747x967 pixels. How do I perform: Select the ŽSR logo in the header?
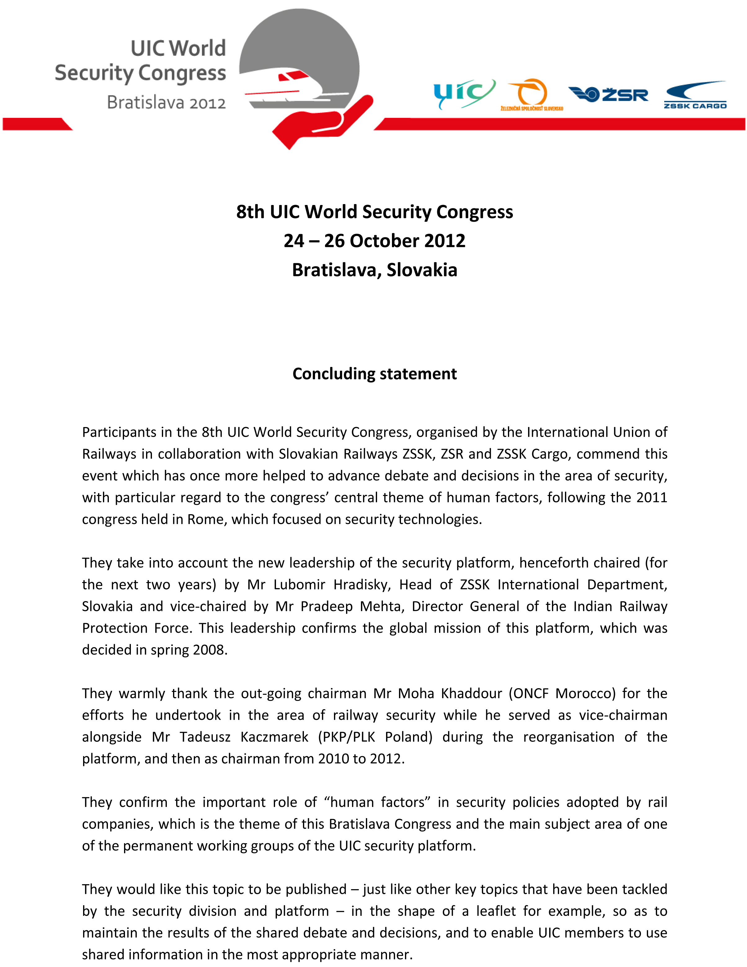(608, 94)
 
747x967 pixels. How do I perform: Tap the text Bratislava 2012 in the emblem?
(167, 103)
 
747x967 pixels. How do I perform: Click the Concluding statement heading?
(374, 374)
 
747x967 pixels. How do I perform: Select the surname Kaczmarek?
(274, 737)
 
